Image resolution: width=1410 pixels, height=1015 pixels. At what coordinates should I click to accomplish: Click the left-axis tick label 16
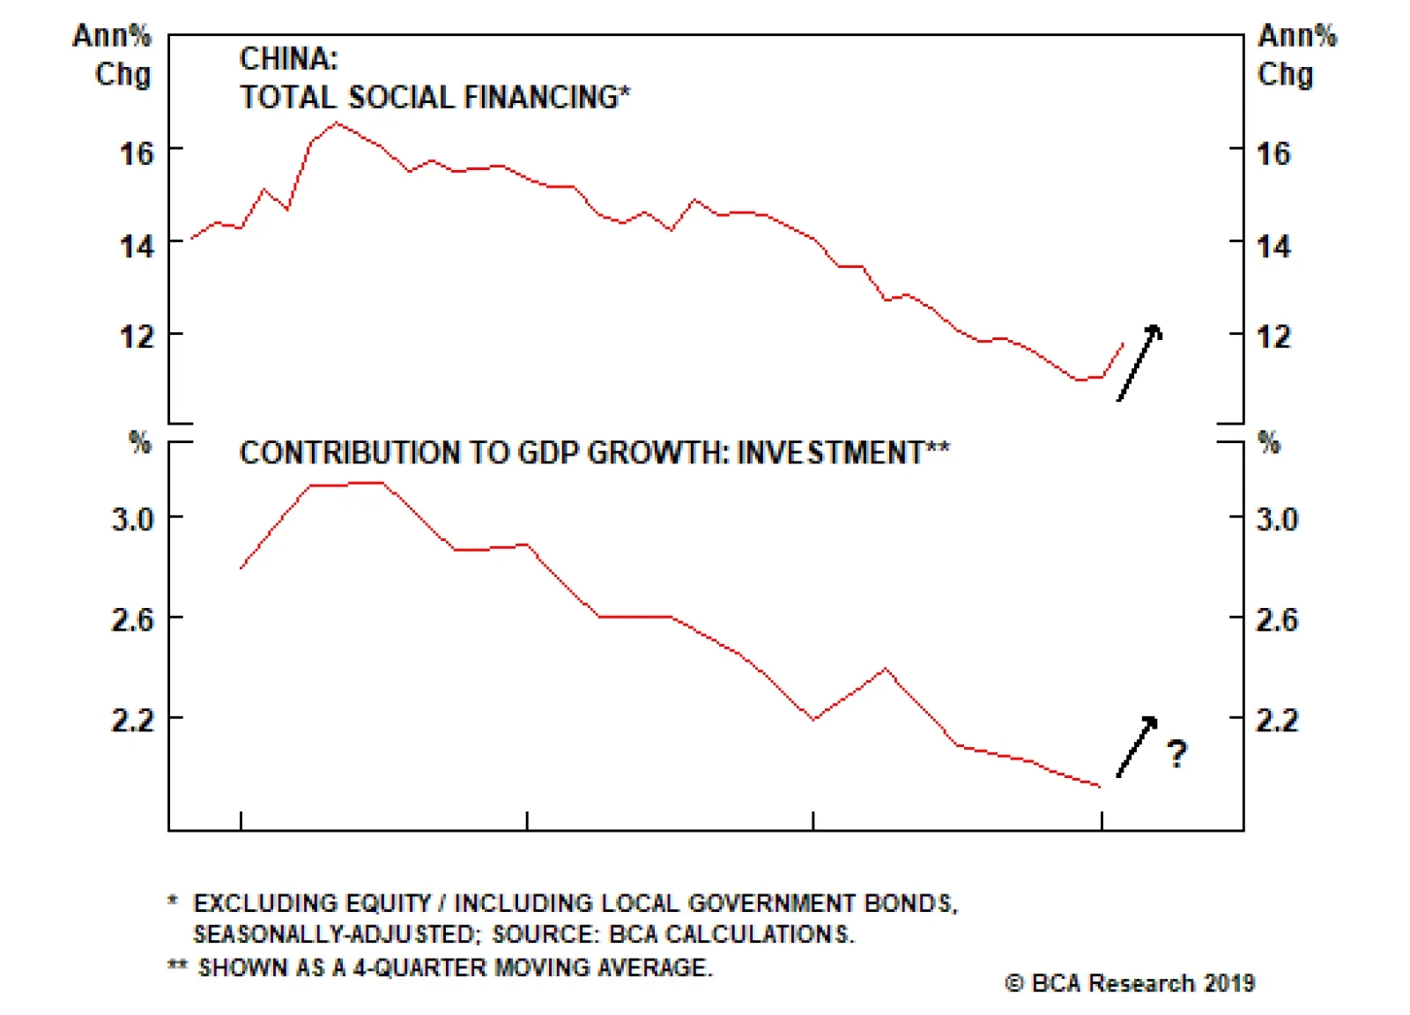[137, 153]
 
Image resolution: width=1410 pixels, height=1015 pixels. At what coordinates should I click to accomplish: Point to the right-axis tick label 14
[1273, 246]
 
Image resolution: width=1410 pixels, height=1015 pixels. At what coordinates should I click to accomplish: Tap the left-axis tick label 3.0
[132, 519]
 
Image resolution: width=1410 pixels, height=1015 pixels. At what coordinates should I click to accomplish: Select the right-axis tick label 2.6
[1277, 619]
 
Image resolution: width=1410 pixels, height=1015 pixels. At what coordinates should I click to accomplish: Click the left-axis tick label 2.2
[132, 720]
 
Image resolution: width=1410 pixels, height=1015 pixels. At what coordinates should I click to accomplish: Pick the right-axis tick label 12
[1273, 337]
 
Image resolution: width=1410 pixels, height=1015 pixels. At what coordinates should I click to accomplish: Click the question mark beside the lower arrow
[1176, 754]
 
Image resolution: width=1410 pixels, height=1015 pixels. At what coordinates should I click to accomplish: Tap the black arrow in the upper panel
[1139, 362]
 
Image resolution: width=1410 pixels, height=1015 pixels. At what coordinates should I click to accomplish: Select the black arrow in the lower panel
[1137, 746]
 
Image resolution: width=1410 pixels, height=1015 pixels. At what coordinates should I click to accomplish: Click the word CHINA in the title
[287, 59]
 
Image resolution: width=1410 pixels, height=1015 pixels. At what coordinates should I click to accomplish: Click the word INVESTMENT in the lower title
[829, 453]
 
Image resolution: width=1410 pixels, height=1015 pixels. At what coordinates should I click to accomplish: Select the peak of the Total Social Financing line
[337, 122]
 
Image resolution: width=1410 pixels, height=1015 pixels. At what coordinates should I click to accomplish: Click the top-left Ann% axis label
[112, 36]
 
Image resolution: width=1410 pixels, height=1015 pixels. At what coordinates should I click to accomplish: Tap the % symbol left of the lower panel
[140, 442]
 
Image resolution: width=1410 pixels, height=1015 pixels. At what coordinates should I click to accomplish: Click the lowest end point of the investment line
[1100, 786]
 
